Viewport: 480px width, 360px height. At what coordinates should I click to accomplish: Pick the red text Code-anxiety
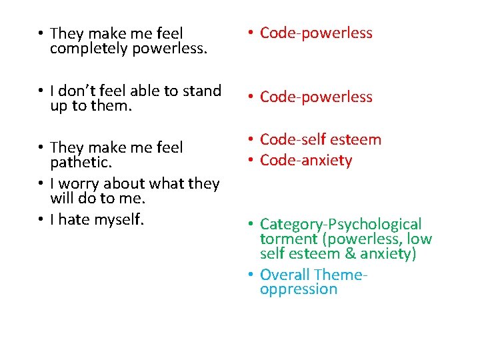pyautogui.click(x=306, y=160)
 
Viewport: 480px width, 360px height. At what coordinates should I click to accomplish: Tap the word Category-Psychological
pyautogui.click(x=341, y=224)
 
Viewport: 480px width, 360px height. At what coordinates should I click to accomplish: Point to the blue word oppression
pyautogui.click(x=299, y=289)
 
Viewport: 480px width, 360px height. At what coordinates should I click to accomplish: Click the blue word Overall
pyautogui.click(x=285, y=275)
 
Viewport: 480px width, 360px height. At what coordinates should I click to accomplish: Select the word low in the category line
pyautogui.click(x=419, y=239)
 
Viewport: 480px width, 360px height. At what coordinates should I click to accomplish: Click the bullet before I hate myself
pyautogui.click(x=41, y=219)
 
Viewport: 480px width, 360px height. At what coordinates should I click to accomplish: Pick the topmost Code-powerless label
pyautogui.click(x=316, y=33)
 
